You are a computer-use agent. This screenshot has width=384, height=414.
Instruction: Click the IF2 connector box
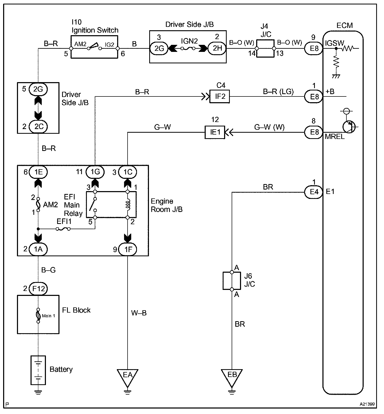tap(220, 97)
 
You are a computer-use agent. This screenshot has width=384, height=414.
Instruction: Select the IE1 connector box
tap(215, 132)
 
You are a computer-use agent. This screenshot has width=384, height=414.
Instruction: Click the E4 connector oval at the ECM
tap(314, 192)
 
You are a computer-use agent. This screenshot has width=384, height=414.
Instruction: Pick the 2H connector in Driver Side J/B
tap(217, 48)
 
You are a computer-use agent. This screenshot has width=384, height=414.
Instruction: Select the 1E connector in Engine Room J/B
tap(39, 172)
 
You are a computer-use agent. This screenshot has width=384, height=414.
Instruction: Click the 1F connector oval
tap(128, 249)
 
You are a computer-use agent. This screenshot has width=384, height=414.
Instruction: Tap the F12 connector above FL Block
tap(38, 289)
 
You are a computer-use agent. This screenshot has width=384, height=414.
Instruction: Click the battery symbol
tap(38, 370)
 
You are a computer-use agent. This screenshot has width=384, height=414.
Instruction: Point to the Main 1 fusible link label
tap(49, 316)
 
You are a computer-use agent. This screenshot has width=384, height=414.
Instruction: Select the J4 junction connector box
tap(265, 48)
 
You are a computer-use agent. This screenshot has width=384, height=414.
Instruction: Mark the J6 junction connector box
tap(232, 281)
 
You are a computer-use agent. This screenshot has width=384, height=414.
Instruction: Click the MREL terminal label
tap(335, 137)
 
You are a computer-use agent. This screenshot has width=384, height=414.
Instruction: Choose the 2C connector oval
tap(39, 126)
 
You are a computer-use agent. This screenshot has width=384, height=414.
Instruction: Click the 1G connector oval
tap(95, 172)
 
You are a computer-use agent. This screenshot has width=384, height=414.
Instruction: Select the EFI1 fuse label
tap(64, 222)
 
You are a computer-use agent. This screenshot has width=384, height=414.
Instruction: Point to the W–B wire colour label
tap(139, 313)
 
